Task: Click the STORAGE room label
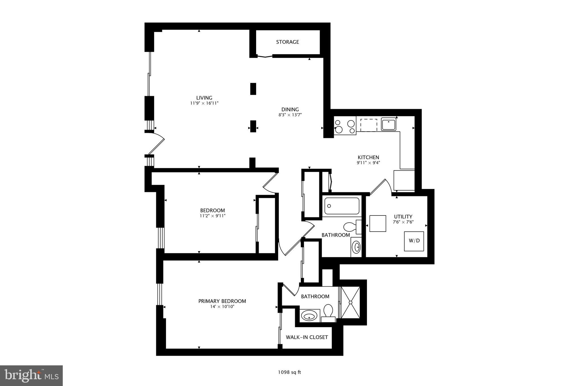pyautogui.click(x=287, y=42)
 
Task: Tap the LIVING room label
pyautogui.click(x=204, y=98)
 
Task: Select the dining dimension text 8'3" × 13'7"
pyautogui.click(x=290, y=115)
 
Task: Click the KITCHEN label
pyautogui.click(x=368, y=157)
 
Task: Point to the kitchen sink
pyautogui.click(x=388, y=124)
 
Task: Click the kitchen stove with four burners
pyautogui.click(x=345, y=127)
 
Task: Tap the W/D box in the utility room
pyautogui.click(x=414, y=241)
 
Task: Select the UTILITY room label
pyautogui.click(x=403, y=217)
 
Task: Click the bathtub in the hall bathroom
pyautogui.click(x=342, y=206)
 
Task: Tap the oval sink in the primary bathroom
pyautogui.click(x=309, y=316)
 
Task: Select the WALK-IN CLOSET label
pyautogui.click(x=307, y=337)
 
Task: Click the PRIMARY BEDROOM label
pyautogui.click(x=222, y=301)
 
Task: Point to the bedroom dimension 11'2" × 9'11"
pyautogui.click(x=212, y=216)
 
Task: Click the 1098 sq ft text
pyautogui.click(x=289, y=372)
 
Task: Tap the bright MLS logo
pyautogui.click(x=31, y=375)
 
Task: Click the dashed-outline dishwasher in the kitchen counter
pyautogui.click(x=369, y=125)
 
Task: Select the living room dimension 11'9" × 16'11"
pyautogui.click(x=204, y=103)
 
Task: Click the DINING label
pyautogui.click(x=290, y=109)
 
